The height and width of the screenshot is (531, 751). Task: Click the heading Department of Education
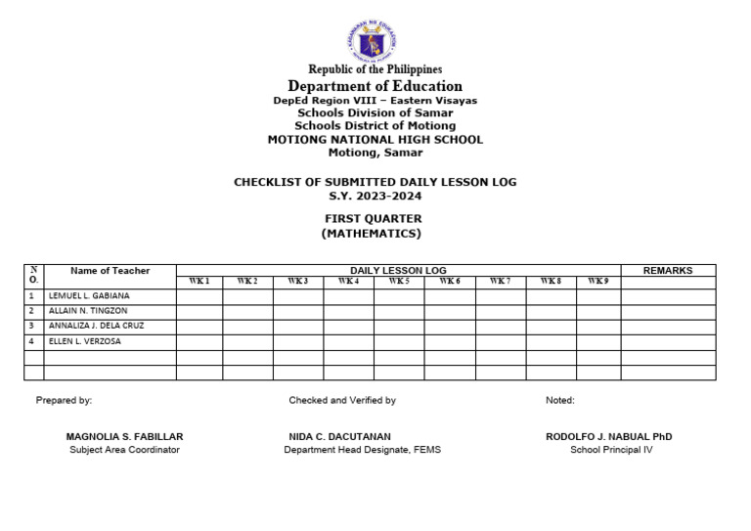pos(375,86)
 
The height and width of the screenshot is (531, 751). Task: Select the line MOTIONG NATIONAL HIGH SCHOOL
pos(375,140)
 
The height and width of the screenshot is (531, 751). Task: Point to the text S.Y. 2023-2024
pos(375,196)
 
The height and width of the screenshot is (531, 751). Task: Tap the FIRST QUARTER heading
pos(375,219)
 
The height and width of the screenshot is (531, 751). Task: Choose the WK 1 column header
pos(199,282)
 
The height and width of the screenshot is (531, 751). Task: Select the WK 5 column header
pos(398,282)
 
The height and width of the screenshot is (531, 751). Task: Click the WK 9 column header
pos(597,282)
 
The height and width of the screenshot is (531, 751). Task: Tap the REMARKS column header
pos(668,271)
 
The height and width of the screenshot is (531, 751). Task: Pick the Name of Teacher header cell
pos(110,271)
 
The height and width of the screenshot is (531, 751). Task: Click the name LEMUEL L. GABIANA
pos(89,295)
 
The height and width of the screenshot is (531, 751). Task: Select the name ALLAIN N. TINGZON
pos(88,311)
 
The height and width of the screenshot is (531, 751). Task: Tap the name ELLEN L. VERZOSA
pos(86,341)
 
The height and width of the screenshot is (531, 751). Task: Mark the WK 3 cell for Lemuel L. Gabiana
pos(297,295)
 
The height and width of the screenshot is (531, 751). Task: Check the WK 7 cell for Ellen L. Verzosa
pos(500,341)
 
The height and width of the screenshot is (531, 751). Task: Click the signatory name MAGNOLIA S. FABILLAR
pos(124,436)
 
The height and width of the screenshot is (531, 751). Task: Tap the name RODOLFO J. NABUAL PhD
pos(610,436)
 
